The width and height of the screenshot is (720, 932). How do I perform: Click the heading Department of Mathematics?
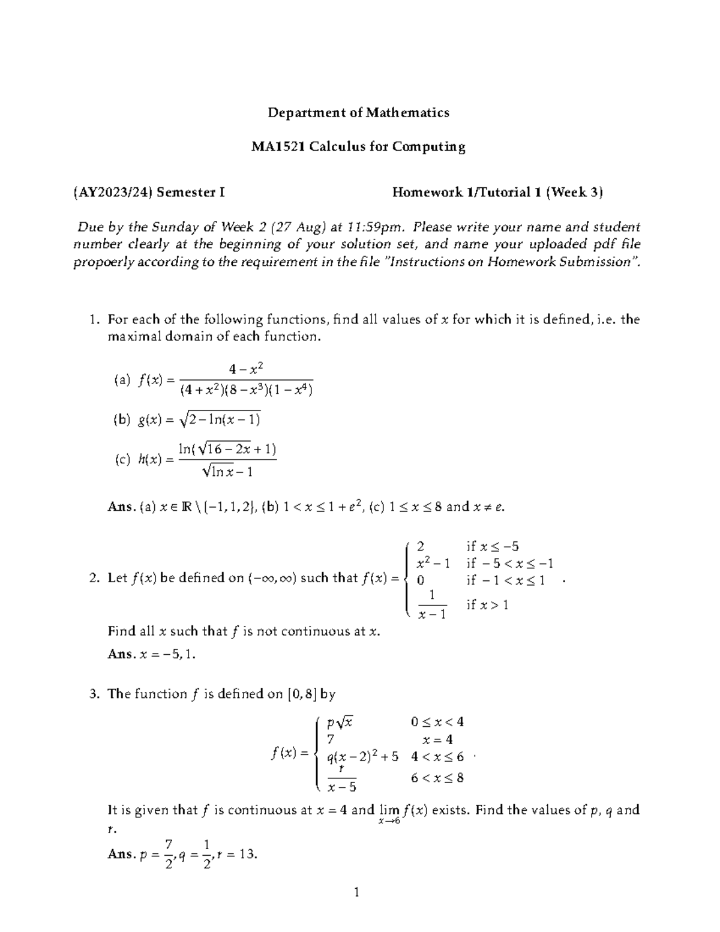point(358,112)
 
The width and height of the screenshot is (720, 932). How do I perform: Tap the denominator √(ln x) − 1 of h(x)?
point(227,472)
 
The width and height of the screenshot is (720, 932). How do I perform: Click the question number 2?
point(94,579)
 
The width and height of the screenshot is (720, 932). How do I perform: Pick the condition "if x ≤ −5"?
point(492,546)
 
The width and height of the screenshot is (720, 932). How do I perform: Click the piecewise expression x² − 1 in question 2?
point(433,563)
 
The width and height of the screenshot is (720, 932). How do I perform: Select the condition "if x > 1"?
point(487,604)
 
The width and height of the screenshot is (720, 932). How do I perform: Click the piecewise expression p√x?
point(340,722)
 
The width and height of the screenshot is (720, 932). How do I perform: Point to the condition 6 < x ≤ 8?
point(437,778)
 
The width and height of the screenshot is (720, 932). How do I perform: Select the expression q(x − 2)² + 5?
point(362,757)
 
